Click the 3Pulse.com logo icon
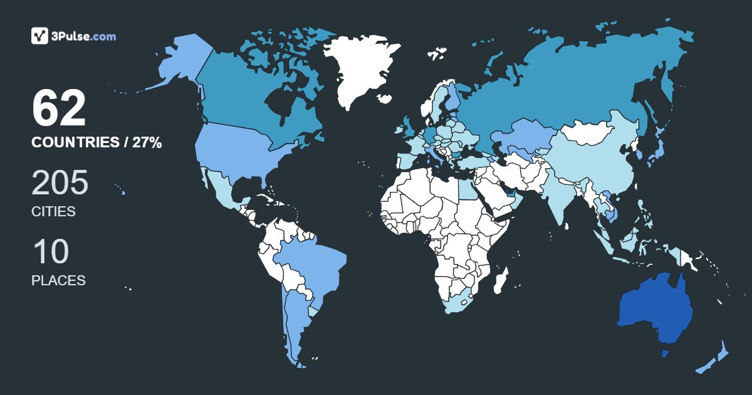tap(40, 36)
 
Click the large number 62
tap(59, 109)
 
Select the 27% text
tap(147, 143)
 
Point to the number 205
tap(60, 183)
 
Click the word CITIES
tap(53, 212)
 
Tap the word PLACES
tap(58, 281)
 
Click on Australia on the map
tap(655, 310)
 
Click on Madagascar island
tap(500, 280)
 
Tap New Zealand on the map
tap(714, 361)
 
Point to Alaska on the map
tap(179, 63)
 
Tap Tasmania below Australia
tap(666, 354)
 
